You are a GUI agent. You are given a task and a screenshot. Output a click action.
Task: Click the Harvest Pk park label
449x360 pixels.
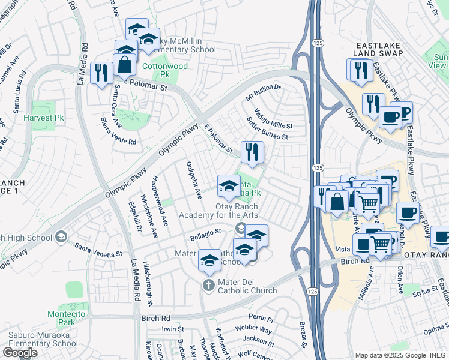tap(39, 118)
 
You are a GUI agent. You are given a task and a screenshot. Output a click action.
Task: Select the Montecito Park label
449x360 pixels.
tap(62, 317)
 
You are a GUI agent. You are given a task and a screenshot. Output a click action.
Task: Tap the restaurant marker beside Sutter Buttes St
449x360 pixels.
tap(252, 152)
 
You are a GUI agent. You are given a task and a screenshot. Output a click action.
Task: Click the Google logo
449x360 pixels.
tap(20, 353)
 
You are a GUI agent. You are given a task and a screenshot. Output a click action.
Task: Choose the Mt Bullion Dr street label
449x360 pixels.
tap(263, 91)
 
